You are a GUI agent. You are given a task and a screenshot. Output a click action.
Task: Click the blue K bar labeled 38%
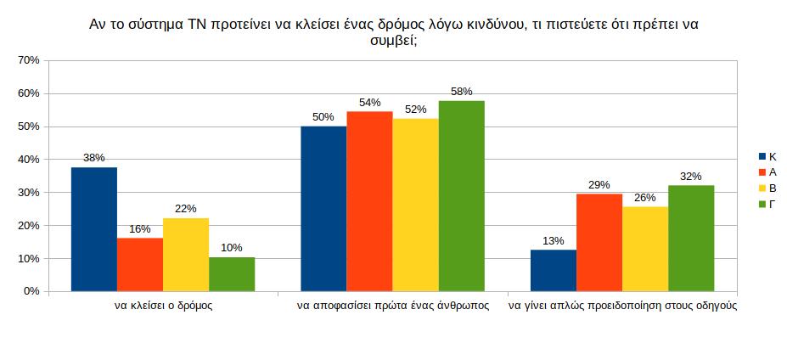point(93,229)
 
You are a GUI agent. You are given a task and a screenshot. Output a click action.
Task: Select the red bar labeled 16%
point(140,265)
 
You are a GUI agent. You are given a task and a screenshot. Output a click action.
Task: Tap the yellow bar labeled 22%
point(186,255)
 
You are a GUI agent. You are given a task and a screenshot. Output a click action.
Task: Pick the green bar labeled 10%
point(232,274)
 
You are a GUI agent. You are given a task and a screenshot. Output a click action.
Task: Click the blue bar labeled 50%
point(323,209)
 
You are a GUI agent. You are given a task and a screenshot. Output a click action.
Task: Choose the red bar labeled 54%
point(369,202)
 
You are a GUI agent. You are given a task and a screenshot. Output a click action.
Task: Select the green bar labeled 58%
point(461,196)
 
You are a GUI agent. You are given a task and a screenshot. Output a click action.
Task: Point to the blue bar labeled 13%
point(554,270)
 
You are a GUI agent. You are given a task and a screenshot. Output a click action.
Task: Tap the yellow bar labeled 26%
point(645,249)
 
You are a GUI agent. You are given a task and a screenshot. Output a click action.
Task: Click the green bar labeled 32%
point(691,239)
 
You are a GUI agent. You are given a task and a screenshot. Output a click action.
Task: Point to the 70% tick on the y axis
point(29,60)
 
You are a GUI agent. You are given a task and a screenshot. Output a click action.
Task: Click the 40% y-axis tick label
point(29,160)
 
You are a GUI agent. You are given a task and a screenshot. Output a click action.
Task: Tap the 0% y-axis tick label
point(31,291)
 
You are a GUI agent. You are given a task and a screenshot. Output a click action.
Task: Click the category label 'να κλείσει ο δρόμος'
point(163,307)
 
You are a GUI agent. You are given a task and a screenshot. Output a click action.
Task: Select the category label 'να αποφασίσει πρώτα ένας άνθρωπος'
point(393,307)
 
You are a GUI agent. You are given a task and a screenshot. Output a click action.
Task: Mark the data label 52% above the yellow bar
point(416,110)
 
